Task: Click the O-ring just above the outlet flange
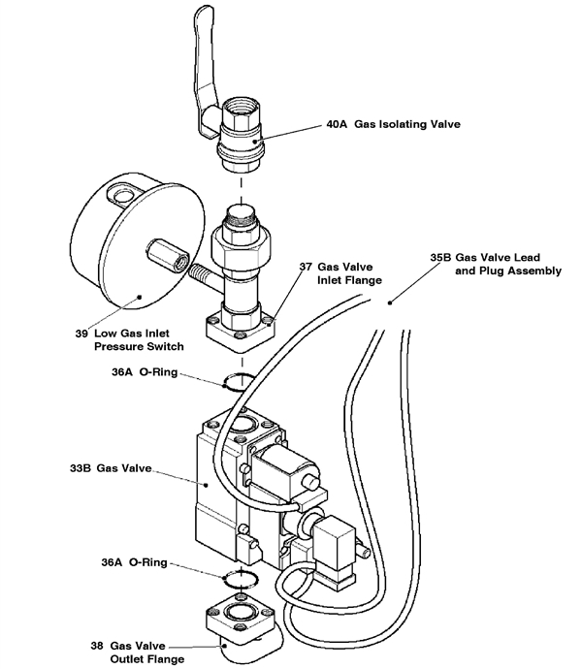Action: point(239,579)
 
